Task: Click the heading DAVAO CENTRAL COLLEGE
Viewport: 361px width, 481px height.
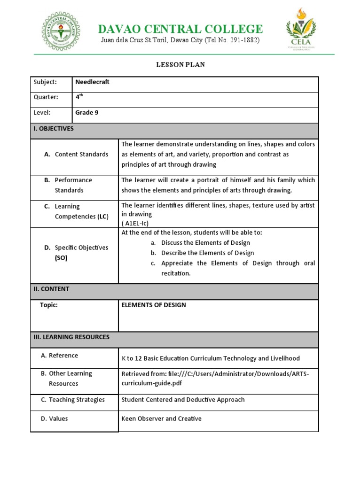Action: tap(180, 29)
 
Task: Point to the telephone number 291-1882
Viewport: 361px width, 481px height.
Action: tap(241, 40)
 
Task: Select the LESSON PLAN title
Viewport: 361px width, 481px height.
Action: tap(180, 65)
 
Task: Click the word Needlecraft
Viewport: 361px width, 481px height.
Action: tap(93, 82)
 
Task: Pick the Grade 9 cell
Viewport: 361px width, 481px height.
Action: tap(87, 112)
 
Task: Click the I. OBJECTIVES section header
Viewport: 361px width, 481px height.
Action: tap(54, 128)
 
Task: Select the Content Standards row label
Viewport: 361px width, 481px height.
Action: tap(81, 154)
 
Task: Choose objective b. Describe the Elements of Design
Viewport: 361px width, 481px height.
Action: tap(207, 253)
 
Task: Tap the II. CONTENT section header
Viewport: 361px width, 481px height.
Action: tap(51, 289)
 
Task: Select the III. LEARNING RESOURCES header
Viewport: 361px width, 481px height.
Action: tap(71, 337)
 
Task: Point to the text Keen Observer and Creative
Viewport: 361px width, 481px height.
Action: tap(161, 418)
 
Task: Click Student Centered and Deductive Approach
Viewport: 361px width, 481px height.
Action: tap(183, 400)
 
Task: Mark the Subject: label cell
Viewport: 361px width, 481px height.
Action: tap(45, 82)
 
